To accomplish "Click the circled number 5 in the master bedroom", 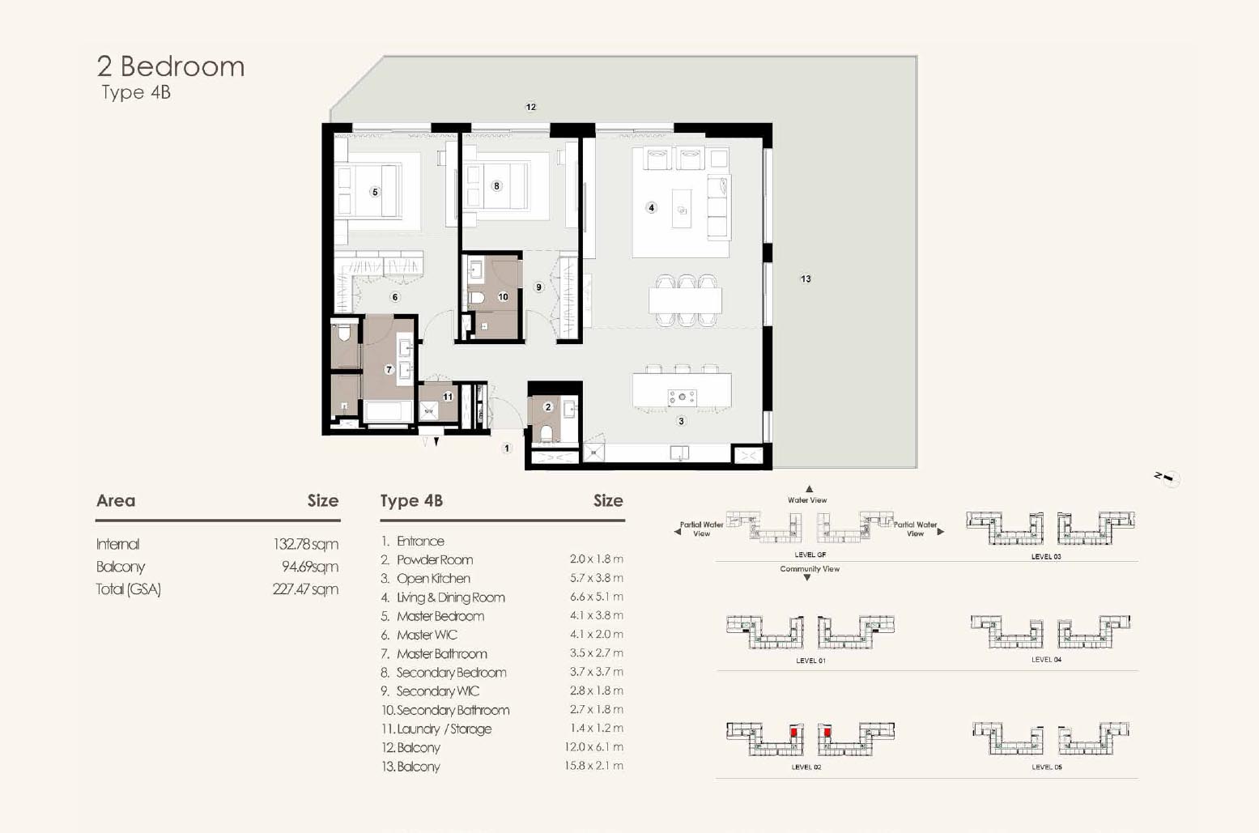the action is (x=375, y=192).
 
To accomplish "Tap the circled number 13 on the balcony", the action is (x=806, y=278).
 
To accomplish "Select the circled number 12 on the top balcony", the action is (x=530, y=107).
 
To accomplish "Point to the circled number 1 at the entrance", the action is (x=507, y=448).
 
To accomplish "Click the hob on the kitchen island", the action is (x=683, y=397).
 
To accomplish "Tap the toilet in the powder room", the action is (x=546, y=433).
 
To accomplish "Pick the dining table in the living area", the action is (x=685, y=300).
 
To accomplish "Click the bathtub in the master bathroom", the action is (x=389, y=411).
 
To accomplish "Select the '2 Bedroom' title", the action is (x=171, y=66).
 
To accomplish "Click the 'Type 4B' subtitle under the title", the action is (x=136, y=92).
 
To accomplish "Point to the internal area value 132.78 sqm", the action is (x=306, y=544).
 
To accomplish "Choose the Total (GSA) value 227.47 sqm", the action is (x=306, y=589).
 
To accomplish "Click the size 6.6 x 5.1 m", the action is (x=597, y=597).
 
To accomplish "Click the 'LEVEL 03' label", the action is (x=1046, y=556).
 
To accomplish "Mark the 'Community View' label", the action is (x=810, y=569).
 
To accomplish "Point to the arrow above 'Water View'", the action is (x=809, y=489).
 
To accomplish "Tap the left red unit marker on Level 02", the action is (x=793, y=733).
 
